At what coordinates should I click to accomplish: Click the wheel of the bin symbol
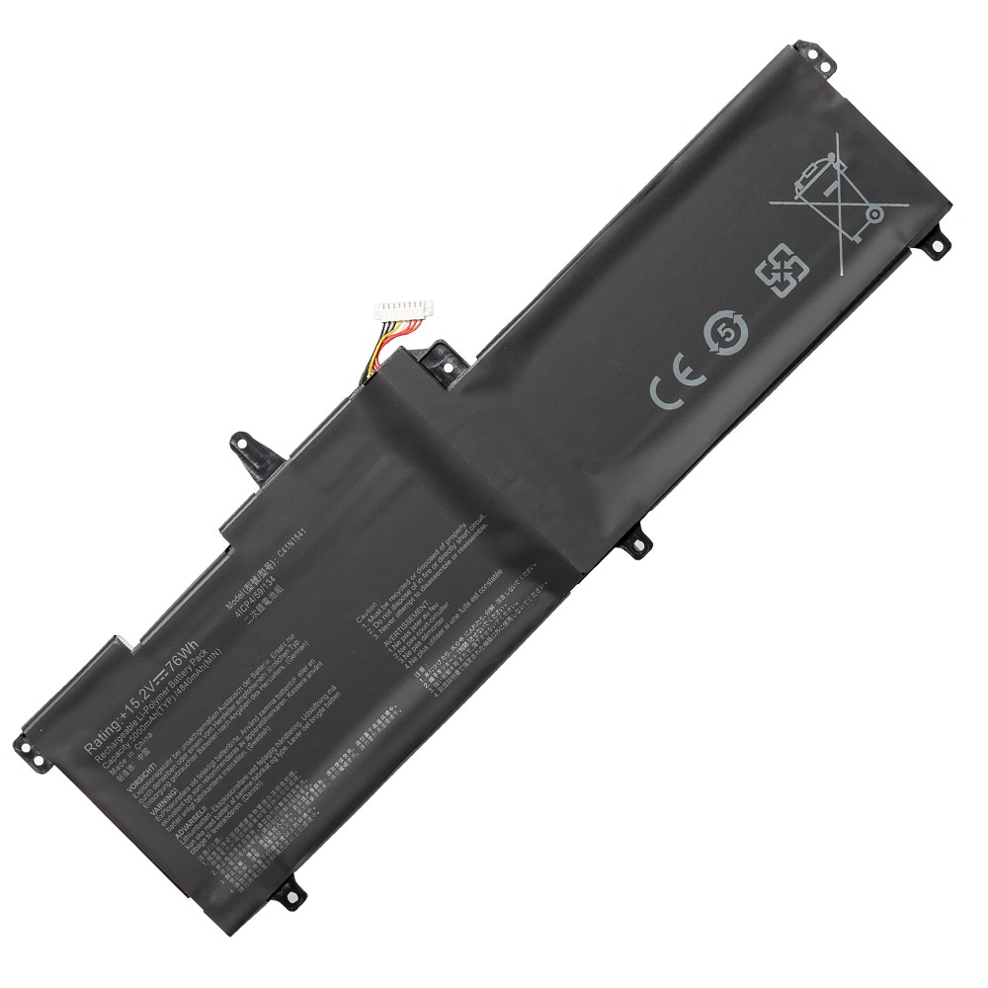(873, 212)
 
